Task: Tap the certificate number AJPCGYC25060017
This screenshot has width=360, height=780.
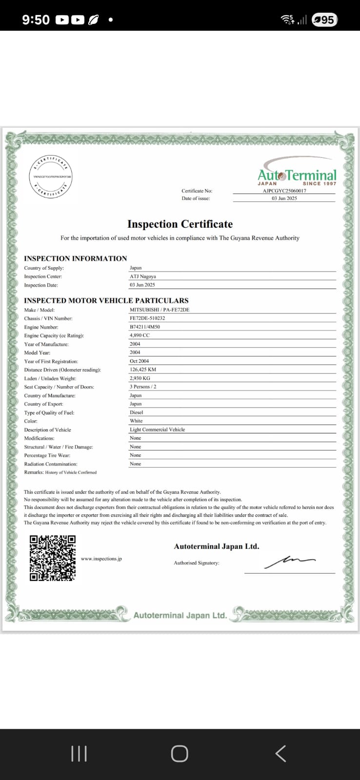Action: click(284, 191)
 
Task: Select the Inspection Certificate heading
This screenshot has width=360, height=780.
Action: click(180, 224)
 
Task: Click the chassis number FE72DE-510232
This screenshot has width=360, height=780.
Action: click(147, 318)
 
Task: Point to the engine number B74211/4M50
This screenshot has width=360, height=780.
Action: click(145, 327)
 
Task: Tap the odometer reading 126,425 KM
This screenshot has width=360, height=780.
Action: click(143, 370)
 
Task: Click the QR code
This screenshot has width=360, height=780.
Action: click(53, 558)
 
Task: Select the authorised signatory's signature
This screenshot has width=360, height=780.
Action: click(290, 562)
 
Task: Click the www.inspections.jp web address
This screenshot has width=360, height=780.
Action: click(101, 559)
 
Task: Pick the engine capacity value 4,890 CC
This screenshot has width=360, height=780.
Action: click(140, 335)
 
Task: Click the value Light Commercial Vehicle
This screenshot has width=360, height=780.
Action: click(157, 429)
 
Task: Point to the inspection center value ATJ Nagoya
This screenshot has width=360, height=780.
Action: click(143, 276)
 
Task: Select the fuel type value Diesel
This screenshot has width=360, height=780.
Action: click(136, 412)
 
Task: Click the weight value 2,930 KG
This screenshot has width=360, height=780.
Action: click(140, 378)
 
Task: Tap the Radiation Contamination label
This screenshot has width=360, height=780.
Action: click(51, 464)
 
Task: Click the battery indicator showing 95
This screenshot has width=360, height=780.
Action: click(324, 19)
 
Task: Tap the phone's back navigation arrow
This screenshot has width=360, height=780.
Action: click(280, 754)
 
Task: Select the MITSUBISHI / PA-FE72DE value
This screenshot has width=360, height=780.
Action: click(160, 310)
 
